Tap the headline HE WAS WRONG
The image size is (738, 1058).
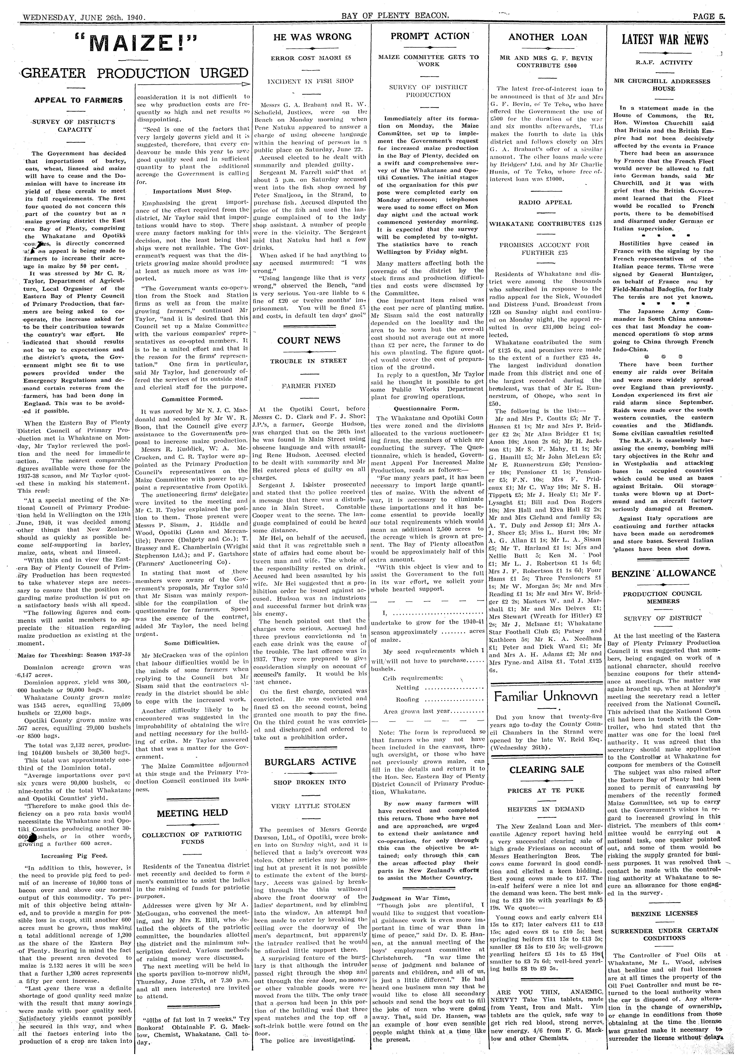pyautogui.click(x=312, y=37)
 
